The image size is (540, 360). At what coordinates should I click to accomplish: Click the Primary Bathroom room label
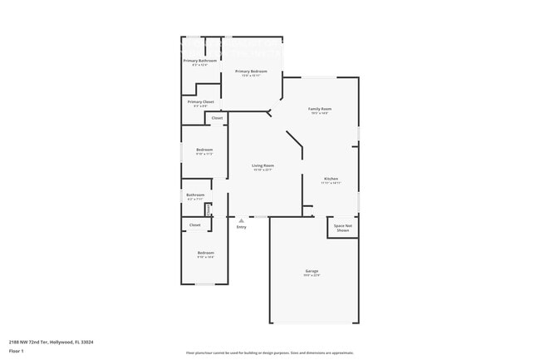pos(200,61)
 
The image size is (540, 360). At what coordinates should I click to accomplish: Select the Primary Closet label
pos(200,101)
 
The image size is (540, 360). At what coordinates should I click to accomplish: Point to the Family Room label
pos(320,109)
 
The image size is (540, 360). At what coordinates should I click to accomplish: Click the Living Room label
pos(263,165)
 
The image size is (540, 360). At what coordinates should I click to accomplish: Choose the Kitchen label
pos(331,179)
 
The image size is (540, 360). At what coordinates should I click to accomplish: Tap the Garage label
pos(312,271)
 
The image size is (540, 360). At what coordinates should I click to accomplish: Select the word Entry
pos(241,227)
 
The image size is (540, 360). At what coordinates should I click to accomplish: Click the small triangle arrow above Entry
pos(241,220)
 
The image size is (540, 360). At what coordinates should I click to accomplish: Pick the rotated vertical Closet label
pos(208,210)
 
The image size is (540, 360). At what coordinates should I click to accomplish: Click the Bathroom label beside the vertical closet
pos(195,195)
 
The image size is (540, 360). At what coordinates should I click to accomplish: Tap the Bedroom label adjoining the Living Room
pos(204,150)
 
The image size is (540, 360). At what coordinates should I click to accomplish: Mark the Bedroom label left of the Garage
pos(205,253)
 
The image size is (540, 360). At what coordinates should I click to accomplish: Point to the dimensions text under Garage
pos(312,275)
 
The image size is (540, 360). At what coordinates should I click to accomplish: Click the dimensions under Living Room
pos(263,170)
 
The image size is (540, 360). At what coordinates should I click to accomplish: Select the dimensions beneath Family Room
pos(320,113)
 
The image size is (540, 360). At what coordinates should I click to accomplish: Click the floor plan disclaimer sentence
pos(270,353)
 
